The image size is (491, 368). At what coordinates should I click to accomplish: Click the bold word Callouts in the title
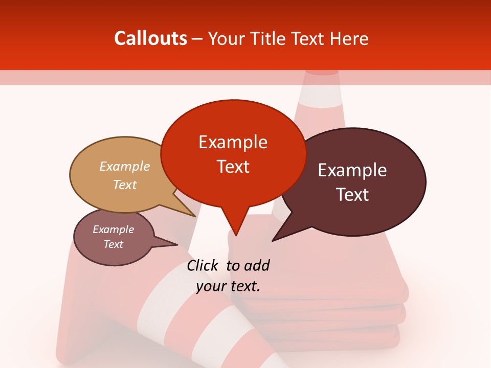pos(150,39)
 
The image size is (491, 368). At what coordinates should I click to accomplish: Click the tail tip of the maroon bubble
pos(273,240)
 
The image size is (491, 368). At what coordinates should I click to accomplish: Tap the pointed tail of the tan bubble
pos(195,216)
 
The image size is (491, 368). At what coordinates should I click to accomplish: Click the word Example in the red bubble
pos(233,142)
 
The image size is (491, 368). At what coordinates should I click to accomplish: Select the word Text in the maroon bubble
pos(352,195)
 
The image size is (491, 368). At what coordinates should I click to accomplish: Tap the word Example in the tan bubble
pos(125,167)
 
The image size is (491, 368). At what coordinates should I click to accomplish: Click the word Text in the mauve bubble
pos(114,244)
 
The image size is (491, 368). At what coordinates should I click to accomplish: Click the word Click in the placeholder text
pos(203,265)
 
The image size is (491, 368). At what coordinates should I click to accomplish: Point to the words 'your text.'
pos(228,286)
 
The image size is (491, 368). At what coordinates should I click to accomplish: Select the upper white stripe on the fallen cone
pos(159,296)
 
